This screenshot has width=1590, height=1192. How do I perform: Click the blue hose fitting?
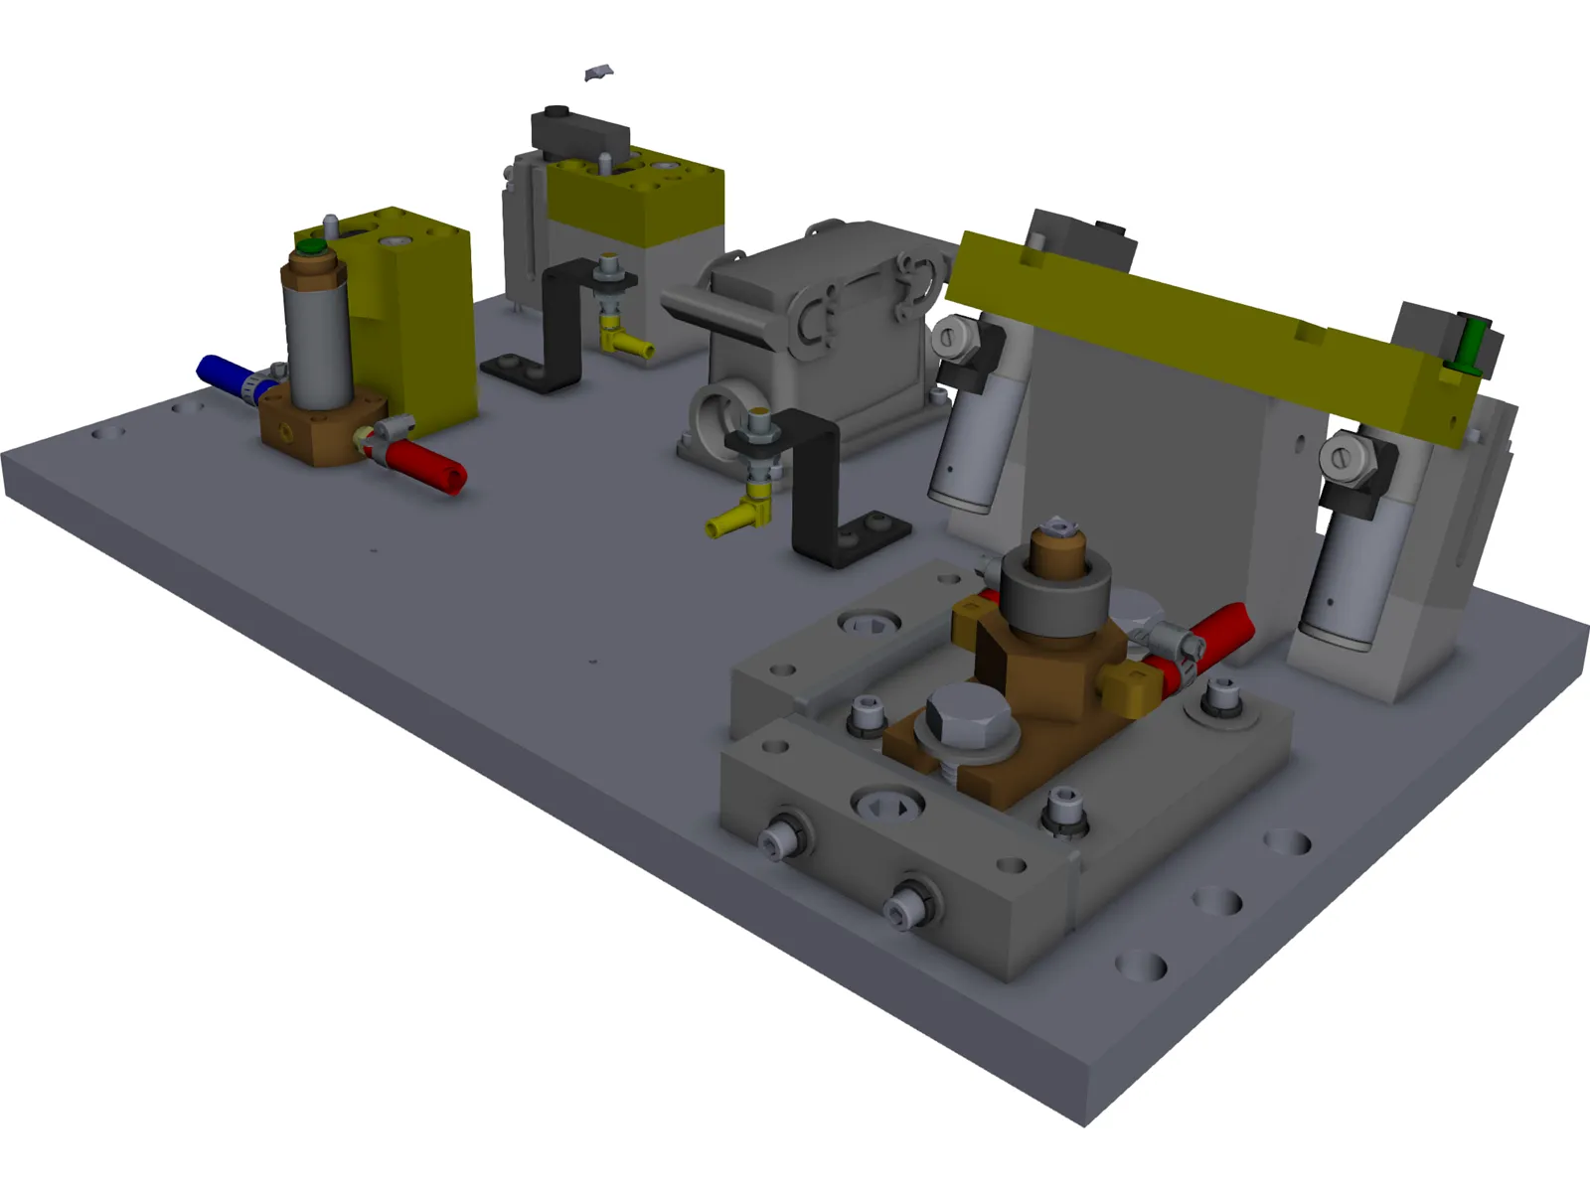point(221,375)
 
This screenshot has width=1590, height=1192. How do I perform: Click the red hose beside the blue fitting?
point(427,465)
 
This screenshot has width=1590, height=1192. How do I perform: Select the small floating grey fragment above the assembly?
point(598,73)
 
